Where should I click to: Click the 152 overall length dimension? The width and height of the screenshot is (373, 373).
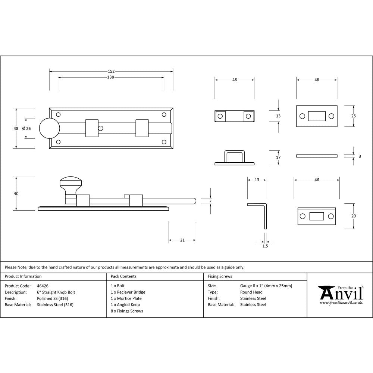[111, 71]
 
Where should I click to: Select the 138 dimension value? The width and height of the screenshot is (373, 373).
[110, 77]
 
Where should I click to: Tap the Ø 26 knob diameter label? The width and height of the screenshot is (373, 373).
[26, 128]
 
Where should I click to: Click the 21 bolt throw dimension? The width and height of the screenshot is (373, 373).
[182, 240]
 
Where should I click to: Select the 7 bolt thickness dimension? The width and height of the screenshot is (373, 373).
[211, 201]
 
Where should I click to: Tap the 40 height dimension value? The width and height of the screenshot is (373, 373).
[16, 194]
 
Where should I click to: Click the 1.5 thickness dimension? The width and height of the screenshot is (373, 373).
[265, 246]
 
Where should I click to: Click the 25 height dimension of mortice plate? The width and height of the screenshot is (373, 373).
[353, 116]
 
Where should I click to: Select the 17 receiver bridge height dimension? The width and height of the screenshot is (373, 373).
[278, 157]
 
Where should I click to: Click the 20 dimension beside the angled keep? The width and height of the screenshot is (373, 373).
[354, 216]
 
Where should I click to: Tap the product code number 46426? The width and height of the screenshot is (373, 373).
[43, 286]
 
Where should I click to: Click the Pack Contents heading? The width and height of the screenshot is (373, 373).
[123, 276]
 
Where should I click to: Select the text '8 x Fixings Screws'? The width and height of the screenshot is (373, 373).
[127, 311]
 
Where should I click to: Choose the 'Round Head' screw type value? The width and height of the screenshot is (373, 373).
[251, 292]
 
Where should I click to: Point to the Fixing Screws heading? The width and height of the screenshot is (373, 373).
[220, 276]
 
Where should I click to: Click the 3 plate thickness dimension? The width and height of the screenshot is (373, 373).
[360, 156]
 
